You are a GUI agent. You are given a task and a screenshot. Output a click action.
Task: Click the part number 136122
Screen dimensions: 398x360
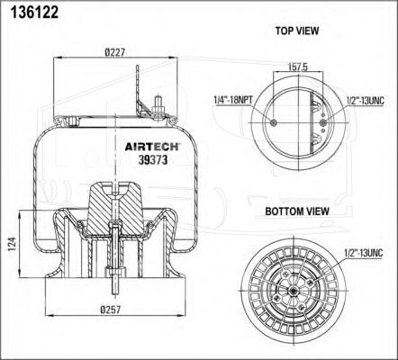pos(34,13)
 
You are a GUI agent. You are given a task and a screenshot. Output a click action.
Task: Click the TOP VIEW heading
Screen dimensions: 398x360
pos(297,31)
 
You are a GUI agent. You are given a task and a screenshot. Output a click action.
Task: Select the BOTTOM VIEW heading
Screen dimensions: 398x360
pos(297,211)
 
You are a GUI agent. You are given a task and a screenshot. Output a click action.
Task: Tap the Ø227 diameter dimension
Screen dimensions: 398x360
pos(114,52)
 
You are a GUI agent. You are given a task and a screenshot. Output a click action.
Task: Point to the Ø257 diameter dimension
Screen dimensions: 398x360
pos(111,310)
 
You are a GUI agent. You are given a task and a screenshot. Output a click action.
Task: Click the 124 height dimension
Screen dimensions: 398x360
pos(12,244)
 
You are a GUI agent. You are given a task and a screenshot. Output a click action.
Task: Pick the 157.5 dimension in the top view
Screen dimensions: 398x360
pos(298,67)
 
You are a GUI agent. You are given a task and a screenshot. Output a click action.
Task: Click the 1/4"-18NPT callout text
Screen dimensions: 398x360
pos(233,100)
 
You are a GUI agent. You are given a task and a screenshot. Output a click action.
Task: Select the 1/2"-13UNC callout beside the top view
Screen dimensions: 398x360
pos(365,101)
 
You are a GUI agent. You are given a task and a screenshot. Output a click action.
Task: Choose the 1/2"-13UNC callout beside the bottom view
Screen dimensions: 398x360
pos(364,253)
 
